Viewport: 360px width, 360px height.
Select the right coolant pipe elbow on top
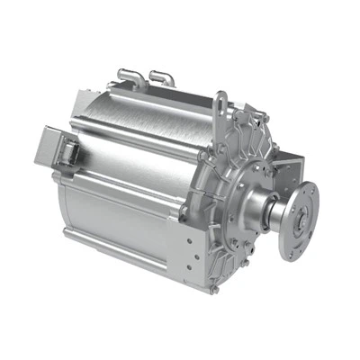coord(161,73)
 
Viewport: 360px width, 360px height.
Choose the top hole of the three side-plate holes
coord(187,241)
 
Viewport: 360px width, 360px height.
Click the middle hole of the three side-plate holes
coord(187,256)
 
